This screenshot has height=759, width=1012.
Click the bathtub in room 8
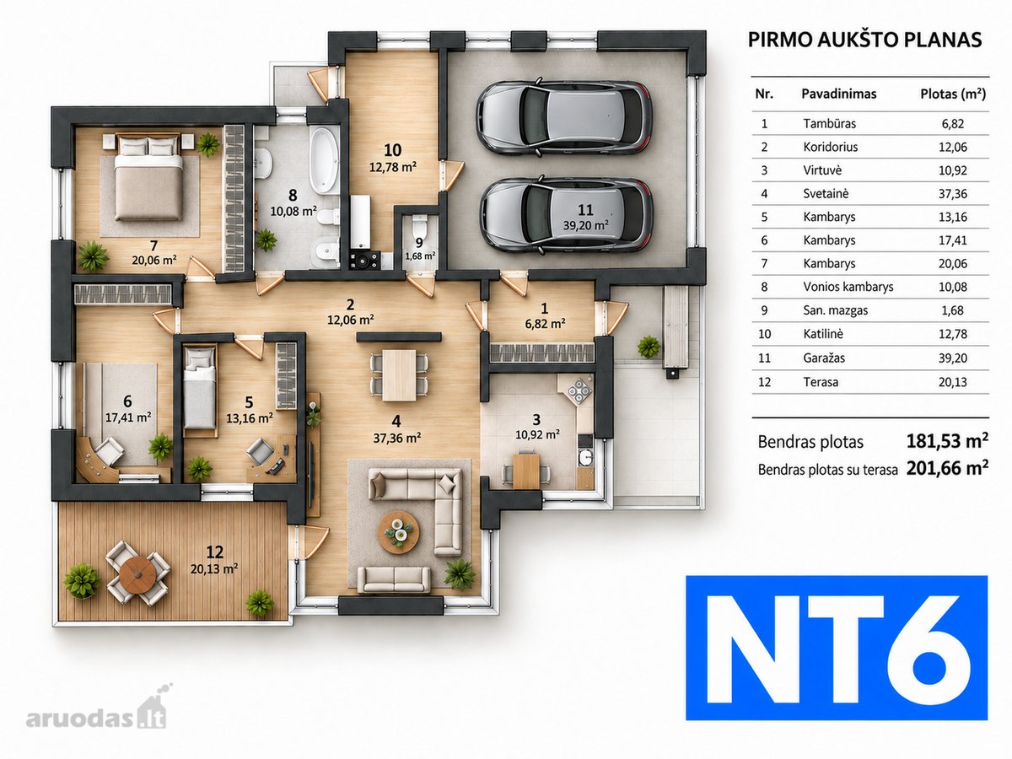tap(324, 159)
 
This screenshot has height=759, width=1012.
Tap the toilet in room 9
tap(419, 226)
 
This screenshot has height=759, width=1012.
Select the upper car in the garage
tap(564, 118)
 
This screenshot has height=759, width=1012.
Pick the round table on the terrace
tap(137, 573)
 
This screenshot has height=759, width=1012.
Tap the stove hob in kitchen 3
tap(579, 391)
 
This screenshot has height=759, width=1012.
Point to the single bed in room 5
tap(200, 388)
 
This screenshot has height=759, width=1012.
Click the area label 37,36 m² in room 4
tap(396, 438)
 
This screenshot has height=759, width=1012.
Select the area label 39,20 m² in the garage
tap(585, 225)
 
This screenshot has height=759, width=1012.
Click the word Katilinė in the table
tap(822, 334)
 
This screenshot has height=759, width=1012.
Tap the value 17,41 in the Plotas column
tap(952, 240)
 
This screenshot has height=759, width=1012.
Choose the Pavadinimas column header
tap(838, 94)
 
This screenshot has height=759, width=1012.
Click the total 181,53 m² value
tap(947, 441)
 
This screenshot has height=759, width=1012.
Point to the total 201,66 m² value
tap(947, 468)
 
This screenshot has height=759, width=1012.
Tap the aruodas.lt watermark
tap(96, 718)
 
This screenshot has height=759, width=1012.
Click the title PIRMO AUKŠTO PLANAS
tap(864, 40)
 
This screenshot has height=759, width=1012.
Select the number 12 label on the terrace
tap(215, 552)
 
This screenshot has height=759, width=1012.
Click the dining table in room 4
tap(399, 375)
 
